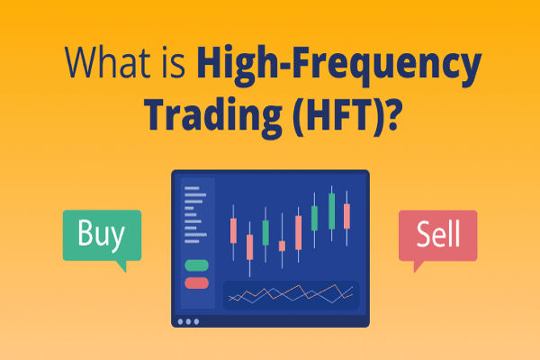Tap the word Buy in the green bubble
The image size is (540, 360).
coord(101,234)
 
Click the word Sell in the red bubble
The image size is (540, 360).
coord(437,234)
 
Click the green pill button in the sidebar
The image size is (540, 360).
coord(196,265)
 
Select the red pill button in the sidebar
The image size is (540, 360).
coord(196,283)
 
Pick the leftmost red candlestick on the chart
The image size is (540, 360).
coord(234,230)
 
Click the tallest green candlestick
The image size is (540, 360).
coord(331,211)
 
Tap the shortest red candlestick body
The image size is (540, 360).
coord(282,246)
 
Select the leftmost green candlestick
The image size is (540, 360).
coord(265,232)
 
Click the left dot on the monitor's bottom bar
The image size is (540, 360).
coord(181,321)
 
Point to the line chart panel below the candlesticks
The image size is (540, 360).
coord(290,293)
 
